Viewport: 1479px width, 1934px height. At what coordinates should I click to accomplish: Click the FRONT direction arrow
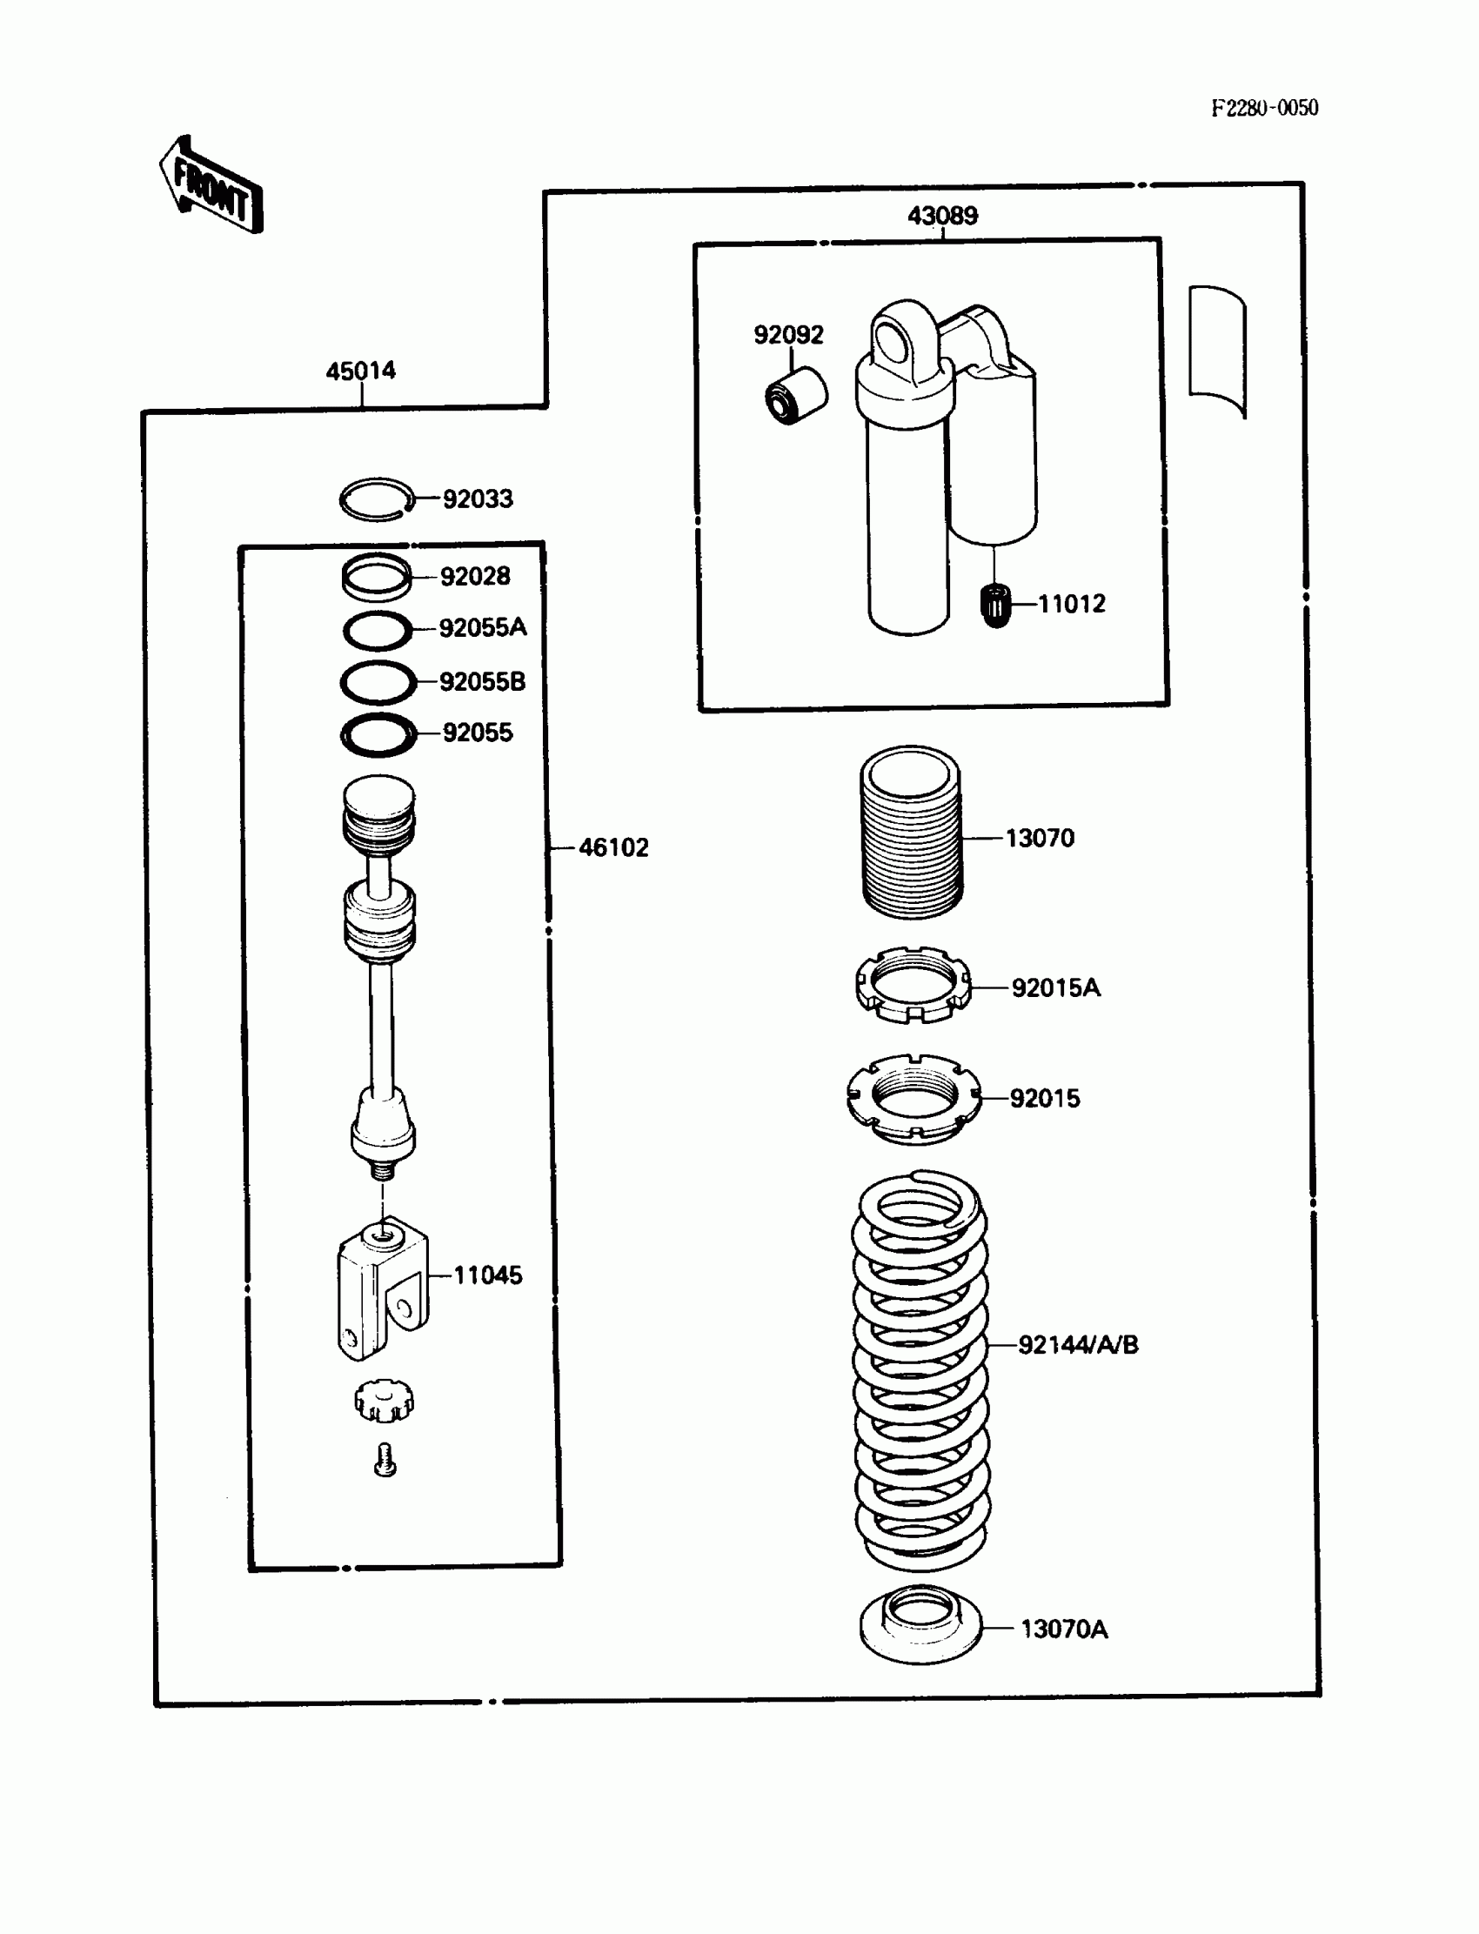point(211,185)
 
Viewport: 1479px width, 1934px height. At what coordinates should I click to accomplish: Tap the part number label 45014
point(361,371)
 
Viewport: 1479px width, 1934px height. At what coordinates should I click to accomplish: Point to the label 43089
point(942,216)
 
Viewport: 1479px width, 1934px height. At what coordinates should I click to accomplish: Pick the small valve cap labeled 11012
point(994,606)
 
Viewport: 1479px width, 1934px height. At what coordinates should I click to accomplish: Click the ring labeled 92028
point(377,576)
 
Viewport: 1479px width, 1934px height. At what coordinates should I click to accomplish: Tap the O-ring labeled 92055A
point(377,630)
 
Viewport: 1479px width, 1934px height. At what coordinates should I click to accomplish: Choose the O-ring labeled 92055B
point(378,682)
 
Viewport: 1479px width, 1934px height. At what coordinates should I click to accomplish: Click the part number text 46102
point(612,847)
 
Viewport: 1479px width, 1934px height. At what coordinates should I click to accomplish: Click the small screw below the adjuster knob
point(385,1461)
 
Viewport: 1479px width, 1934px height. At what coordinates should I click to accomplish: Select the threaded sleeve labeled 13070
point(911,832)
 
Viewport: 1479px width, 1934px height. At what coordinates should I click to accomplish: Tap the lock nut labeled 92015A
point(913,985)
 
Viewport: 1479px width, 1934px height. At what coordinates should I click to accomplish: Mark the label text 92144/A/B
point(1078,1345)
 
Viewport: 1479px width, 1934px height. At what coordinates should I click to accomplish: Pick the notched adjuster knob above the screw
point(384,1400)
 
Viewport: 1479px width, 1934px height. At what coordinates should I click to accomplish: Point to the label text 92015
point(1044,1099)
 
